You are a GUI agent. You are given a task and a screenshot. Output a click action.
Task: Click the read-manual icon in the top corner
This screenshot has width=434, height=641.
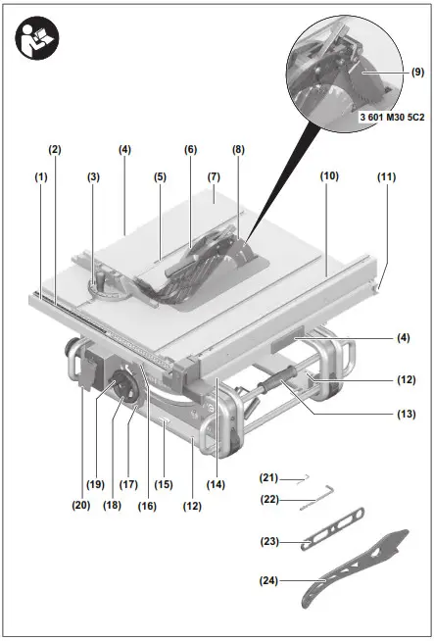38,38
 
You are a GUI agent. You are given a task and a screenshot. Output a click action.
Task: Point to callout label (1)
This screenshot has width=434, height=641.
40,177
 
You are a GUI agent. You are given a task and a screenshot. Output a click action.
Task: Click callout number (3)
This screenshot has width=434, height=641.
93,177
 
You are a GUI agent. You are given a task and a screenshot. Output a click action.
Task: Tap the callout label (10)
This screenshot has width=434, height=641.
328,175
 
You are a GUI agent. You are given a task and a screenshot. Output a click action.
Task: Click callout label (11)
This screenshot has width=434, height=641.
386,177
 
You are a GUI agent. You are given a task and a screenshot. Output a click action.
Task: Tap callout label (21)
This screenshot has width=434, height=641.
269,477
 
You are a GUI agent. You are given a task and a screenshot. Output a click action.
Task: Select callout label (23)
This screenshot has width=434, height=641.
269,542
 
